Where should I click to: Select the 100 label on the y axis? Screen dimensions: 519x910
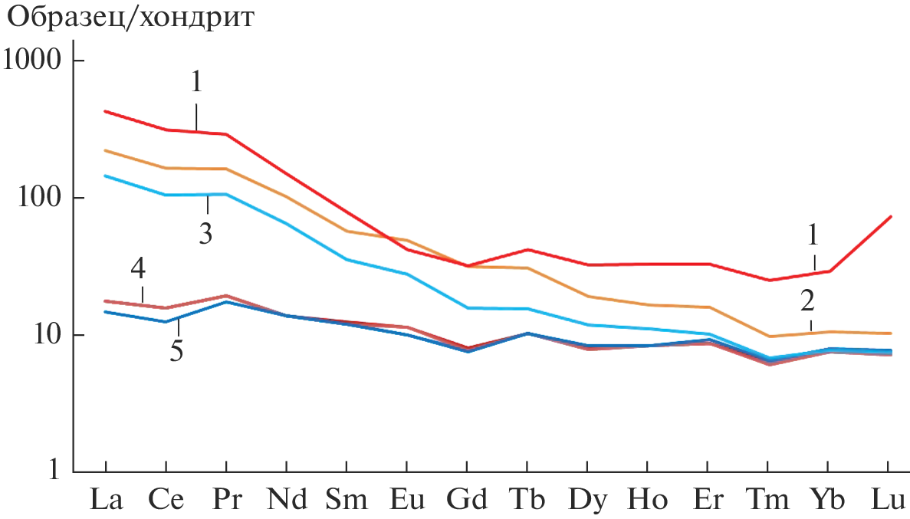(40, 197)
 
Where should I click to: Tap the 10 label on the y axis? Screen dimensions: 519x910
(46, 335)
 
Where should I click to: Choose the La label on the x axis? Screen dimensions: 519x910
(107, 499)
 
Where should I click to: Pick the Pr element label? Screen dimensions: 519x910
(227, 499)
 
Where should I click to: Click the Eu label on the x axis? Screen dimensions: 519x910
(406, 499)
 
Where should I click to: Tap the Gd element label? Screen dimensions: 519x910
(467, 499)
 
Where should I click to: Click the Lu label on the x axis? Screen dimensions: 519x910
(888, 499)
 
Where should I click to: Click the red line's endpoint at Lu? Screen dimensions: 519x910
(890, 217)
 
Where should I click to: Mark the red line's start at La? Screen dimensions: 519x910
(106, 111)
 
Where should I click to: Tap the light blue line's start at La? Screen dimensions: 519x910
(106, 176)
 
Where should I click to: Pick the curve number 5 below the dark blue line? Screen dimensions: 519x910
(177, 353)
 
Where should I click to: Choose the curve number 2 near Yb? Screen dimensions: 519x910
(807, 300)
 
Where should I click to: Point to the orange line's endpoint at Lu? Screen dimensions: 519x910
(890, 333)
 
